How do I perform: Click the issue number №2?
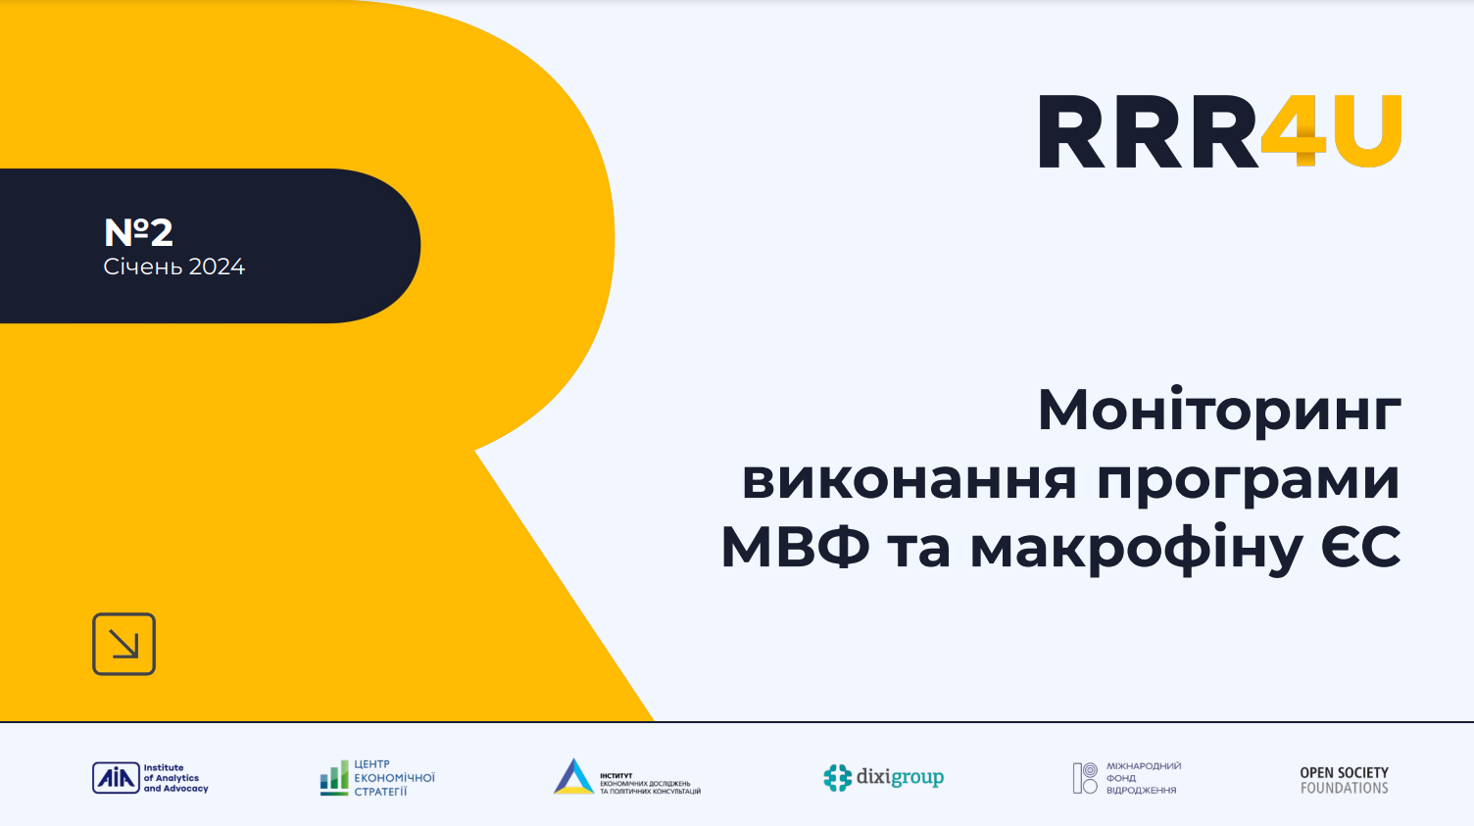(138, 232)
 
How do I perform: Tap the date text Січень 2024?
(173, 267)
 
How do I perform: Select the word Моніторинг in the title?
(1219, 411)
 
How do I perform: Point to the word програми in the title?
(1248, 481)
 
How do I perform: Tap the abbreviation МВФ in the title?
(795, 548)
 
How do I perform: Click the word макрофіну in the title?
(1136, 549)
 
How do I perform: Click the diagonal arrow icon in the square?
(124, 644)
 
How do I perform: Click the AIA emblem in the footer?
(116, 778)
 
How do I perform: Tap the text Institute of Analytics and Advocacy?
(175, 778)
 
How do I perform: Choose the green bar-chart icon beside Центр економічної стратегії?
(334, 778)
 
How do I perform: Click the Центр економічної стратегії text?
(394, 778)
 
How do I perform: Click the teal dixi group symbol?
(837, 778)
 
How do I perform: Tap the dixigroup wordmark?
(900, 777)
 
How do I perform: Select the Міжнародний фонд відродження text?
(1143, 778)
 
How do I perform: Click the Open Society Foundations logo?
(1344, 780)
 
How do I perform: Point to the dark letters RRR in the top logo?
(1148, 132)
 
